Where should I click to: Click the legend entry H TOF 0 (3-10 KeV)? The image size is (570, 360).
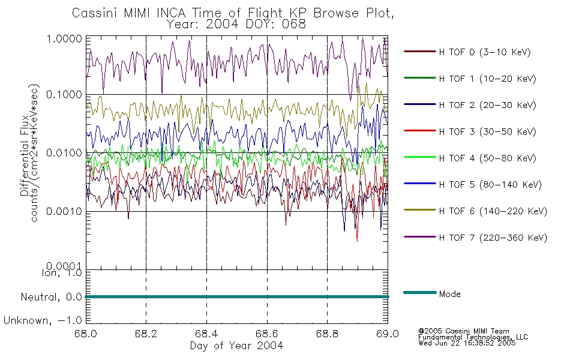tap(485, 52)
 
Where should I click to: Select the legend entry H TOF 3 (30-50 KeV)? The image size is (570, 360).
tap(487, 131)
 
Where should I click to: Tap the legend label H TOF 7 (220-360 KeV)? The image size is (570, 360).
tap(493, 238)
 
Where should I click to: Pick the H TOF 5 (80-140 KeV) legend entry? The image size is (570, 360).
tap(490, 185)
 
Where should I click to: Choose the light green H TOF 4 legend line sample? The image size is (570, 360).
tap(420, 157)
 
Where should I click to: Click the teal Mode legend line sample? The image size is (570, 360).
tap(420, 293)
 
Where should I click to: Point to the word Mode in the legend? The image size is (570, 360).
tap(449, 294)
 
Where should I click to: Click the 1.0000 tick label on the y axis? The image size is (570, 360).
tap(64, 39)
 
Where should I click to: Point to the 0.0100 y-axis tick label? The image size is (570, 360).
tap(64, 153)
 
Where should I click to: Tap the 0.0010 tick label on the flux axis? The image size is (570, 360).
tap(64, 211)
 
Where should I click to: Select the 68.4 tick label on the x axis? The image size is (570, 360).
tap(206, 334)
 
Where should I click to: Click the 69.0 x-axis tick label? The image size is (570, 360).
tap(388, 334)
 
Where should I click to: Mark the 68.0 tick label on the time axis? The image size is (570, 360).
tap(86, 334)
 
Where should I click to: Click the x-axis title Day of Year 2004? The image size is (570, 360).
tap(236, 346)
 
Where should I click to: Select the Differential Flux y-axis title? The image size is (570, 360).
tap(25, 155)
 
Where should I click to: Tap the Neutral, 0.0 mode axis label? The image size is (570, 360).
tap(51, 298)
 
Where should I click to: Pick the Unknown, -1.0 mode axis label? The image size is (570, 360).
tap(43, 321)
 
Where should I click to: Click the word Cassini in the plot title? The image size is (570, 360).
tap(95, 13)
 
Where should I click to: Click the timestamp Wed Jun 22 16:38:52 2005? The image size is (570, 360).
tap(467, 343)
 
